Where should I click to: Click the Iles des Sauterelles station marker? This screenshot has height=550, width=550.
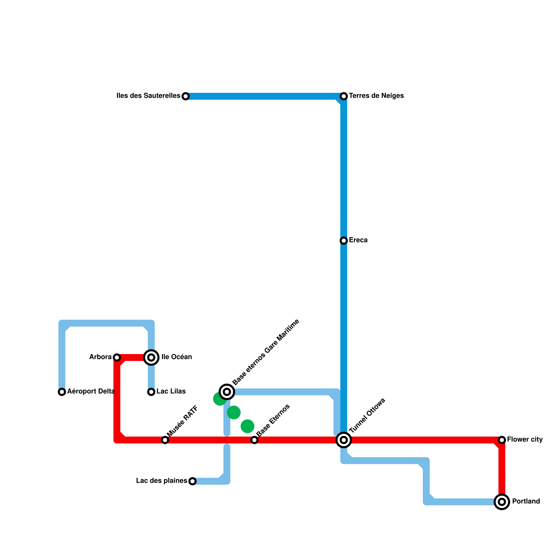point(186,96)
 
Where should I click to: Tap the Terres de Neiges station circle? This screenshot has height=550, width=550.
point(344,96)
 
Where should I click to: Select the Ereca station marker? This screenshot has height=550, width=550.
point(344,241)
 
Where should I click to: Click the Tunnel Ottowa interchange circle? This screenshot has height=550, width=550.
point(344,440)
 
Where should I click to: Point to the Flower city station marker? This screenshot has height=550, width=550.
point(502,440)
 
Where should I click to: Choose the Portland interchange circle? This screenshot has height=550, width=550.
point(502,502)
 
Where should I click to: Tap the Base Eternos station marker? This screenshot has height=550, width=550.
point(254,440)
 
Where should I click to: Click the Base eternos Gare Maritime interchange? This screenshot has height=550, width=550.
point(227,392)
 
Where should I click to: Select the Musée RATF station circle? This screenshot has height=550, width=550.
point(165,440)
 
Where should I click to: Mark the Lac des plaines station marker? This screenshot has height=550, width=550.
point(192,481)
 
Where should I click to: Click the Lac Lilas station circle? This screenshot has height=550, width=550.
point(151,392)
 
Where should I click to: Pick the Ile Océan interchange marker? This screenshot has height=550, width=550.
point(151,357)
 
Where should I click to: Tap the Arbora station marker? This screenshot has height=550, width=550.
point(117,357)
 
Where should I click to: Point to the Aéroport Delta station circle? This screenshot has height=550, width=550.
point(62,392)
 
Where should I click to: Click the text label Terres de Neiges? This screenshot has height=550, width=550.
point(376,96)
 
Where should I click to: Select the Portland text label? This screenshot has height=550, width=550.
point(526,502)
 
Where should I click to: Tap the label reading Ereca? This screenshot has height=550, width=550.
point(358,240)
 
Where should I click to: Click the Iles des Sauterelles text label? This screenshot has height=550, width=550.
point(148,96)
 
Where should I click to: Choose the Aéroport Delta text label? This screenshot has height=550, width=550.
point(91,392)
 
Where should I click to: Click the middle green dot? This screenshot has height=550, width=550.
point(234,412)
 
